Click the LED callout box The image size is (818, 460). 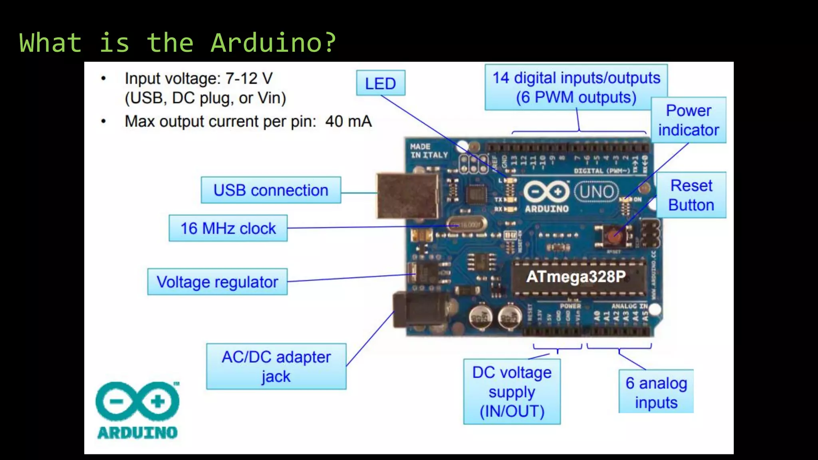click(x=380, y=83)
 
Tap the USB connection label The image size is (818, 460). click(x=271, y=190)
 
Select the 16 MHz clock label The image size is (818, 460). click(x=228, y=228)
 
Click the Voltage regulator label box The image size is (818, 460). click(x=217, y=282)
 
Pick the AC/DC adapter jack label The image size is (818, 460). click(x=276, y=367)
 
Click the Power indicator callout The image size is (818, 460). click(x=689, y=120)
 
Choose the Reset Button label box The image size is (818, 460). click(x=691, y=195)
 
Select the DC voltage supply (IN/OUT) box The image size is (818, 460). click(x=512, y=392)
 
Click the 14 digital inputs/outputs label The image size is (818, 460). click(x=576, y=87)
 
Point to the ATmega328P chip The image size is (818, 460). click(x=576, y=277)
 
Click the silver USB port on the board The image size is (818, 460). click(x=407, y=196)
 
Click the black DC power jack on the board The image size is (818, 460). click(x=419, y=310)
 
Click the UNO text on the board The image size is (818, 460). click(x=596, y=192)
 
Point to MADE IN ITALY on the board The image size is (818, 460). click(x=429, y=151)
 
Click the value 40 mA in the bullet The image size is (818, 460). click(x=348, y=121)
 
